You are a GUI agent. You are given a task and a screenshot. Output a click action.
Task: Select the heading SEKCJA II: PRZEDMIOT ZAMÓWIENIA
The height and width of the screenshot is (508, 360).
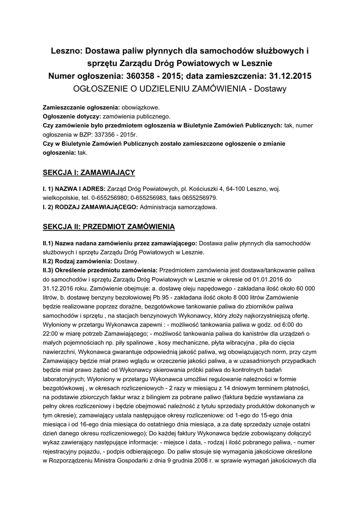[109, 227]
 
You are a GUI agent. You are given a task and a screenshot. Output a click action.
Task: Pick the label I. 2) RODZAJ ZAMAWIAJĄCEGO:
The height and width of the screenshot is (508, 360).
[91, 206]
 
